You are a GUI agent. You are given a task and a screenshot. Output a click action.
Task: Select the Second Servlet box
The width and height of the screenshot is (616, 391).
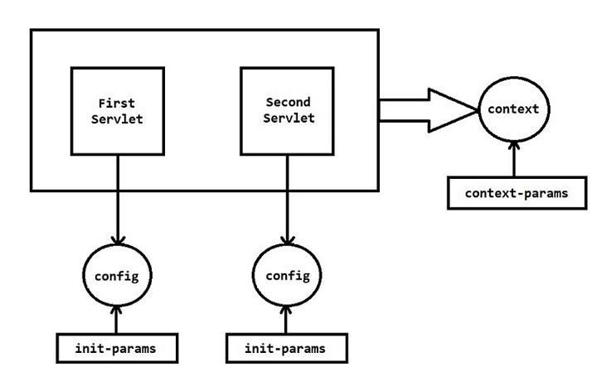tap(288, 111)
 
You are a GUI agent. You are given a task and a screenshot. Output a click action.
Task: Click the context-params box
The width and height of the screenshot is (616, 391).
tap(518, 193)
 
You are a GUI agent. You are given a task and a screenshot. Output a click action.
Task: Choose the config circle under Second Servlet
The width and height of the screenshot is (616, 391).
tap(288, 274)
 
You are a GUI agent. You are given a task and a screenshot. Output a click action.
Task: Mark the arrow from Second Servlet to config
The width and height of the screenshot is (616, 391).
tap(288, 199)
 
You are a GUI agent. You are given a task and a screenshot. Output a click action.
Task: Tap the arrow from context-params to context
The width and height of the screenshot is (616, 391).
tap(515, 159)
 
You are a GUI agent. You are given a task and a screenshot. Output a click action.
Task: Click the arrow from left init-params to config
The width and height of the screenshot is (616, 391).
tap(117, 319)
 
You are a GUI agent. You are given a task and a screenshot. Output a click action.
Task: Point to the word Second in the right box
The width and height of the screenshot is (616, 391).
tap(288, 103)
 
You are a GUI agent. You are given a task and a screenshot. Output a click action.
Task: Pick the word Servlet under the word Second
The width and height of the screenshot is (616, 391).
tap(288, 119)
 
